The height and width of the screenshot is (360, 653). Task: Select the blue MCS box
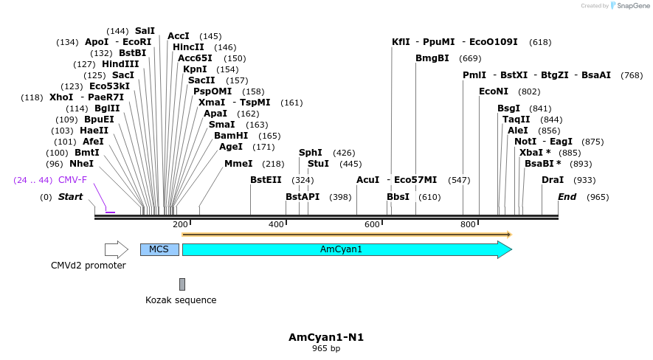[x=159, y=249]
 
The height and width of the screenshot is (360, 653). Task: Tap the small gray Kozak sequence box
[x=182, y=284]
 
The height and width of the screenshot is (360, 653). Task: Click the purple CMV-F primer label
[x=72, y=180]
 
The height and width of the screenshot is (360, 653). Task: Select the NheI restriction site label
[x=81, y=164]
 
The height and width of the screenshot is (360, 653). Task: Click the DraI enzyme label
[x=553, y=180]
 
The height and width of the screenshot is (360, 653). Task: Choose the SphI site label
[x=311, y=153]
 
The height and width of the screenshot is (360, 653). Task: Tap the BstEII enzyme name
[x=266, y=180]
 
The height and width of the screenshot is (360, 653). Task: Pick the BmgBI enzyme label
[x=432, y=58]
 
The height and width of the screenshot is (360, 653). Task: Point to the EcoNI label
[x=494, y=91]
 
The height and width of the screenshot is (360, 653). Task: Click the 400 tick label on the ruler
[x=277, y=224]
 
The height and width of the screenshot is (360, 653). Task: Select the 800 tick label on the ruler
[x=468, y=224]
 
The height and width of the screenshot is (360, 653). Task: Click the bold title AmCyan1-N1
[x=326, y=337]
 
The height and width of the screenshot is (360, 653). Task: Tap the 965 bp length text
[x=326, y=348]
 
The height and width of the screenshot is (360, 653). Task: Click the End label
[x=567, y=197]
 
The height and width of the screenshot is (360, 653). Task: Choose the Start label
[x=70, y=197]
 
